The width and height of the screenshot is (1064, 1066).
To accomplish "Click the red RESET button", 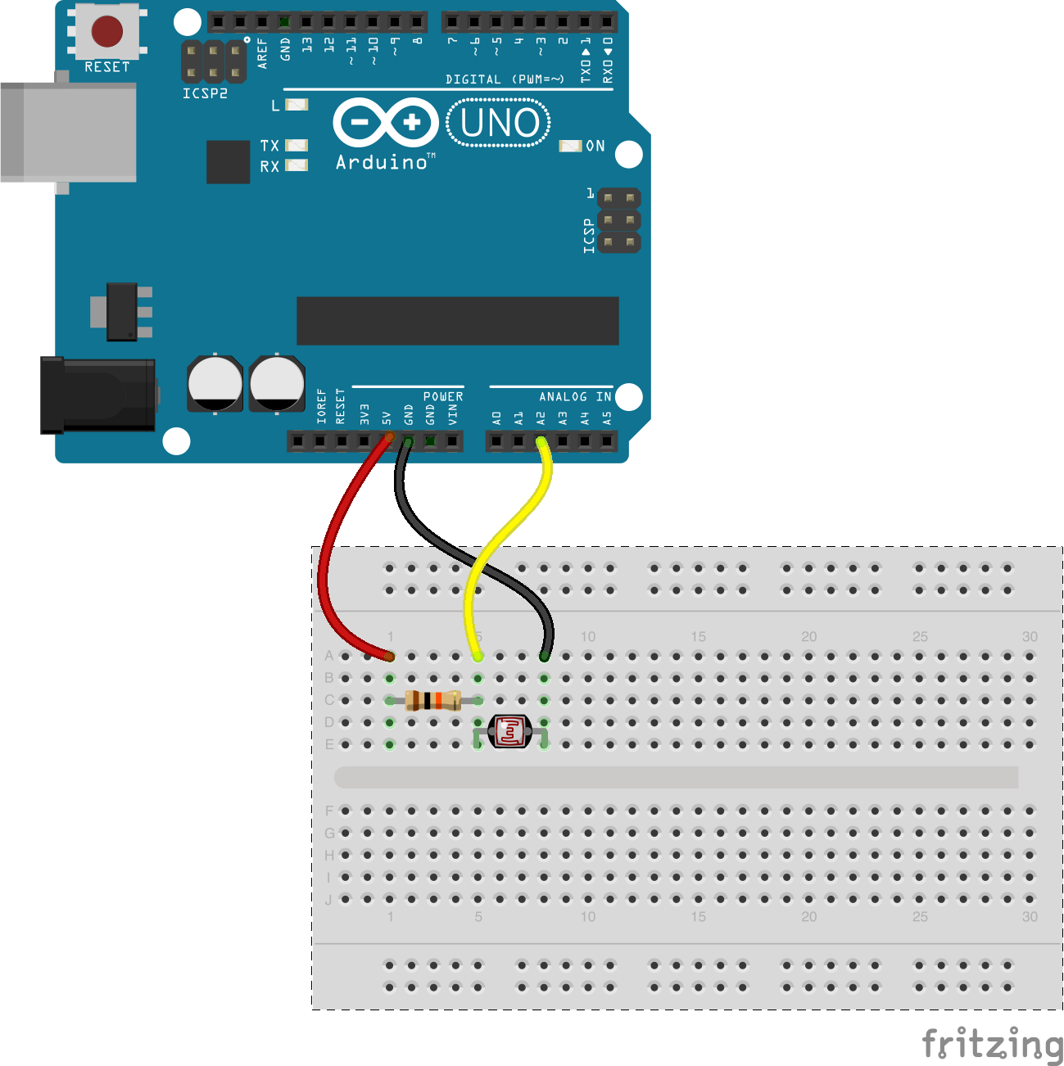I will [x=107, y=31].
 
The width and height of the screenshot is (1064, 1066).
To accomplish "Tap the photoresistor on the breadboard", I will [x=510, y=731].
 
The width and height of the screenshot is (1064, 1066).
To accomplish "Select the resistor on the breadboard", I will [x=433, y=700].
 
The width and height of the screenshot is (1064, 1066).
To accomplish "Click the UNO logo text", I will [x=500, y=123].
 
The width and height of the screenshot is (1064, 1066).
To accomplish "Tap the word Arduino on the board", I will [x=382, y=162].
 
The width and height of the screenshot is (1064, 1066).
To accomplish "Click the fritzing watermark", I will [x=991, y=1044].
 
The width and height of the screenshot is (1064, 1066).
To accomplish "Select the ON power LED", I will [x=570, y=146].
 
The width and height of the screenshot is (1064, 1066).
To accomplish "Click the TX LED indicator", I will [x=296, y=145].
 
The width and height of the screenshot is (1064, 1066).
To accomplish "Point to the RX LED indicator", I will [x=296, y=165].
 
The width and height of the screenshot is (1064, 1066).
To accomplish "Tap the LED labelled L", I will [x=296, y=105].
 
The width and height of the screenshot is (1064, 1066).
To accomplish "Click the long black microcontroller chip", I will [x=457, y=321].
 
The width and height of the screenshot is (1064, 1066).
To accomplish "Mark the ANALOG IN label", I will [x=575, y=396].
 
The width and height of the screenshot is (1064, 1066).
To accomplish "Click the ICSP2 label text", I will [x=205, y=93].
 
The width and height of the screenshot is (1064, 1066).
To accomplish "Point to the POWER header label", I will [x=443, y=396].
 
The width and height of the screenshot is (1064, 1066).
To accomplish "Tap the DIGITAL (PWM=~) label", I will [x=505, y=79].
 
